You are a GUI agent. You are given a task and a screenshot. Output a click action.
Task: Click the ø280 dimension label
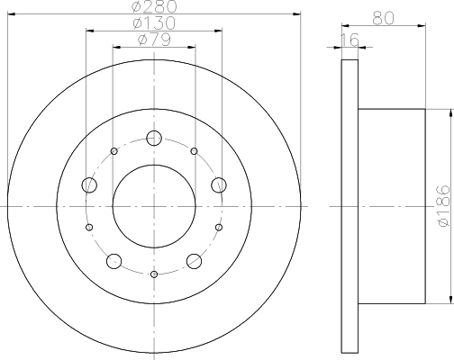154,6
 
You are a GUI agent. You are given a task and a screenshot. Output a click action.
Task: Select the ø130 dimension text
154,22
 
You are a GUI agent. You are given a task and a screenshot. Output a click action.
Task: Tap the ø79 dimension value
154,40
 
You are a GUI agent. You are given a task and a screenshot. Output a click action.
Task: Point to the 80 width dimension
383,19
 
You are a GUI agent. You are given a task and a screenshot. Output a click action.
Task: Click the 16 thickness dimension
350,40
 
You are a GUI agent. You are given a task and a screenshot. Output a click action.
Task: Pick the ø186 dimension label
443,206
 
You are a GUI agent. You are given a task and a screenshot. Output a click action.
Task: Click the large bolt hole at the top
154,139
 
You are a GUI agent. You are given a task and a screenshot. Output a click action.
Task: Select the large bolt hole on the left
89,184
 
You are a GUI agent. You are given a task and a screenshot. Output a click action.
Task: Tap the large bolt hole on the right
219,184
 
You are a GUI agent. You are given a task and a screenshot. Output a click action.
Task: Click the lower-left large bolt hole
114,261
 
